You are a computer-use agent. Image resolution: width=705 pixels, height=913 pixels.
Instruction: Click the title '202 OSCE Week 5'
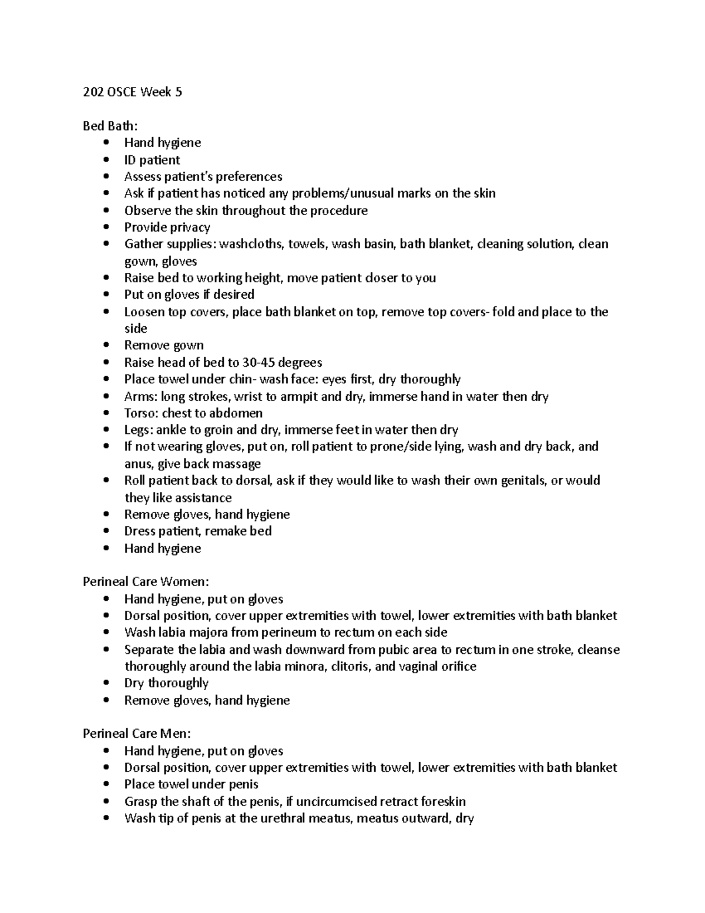[132, 92]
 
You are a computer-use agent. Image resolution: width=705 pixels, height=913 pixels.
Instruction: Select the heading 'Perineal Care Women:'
[146, 582]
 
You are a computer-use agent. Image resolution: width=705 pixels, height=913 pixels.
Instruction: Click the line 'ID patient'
[152, 160]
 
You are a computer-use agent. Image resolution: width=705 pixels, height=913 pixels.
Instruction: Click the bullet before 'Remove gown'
[106, 346]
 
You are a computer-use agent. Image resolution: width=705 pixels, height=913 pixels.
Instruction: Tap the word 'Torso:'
[141, 413]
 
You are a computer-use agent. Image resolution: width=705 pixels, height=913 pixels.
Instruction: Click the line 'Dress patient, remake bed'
[197, 531]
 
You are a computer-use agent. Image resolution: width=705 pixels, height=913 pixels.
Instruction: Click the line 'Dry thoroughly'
[166, 683]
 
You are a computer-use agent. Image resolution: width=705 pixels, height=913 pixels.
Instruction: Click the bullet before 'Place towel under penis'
[106, 785]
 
